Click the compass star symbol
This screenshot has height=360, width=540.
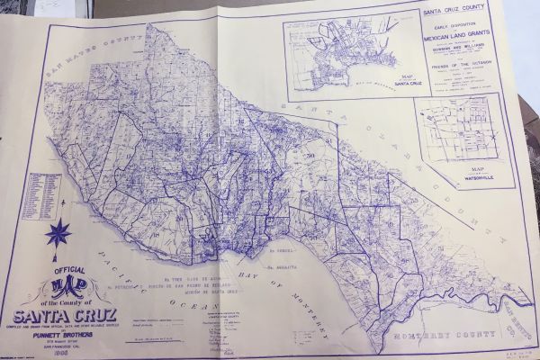pyautogui.click(x=58, y=233)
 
